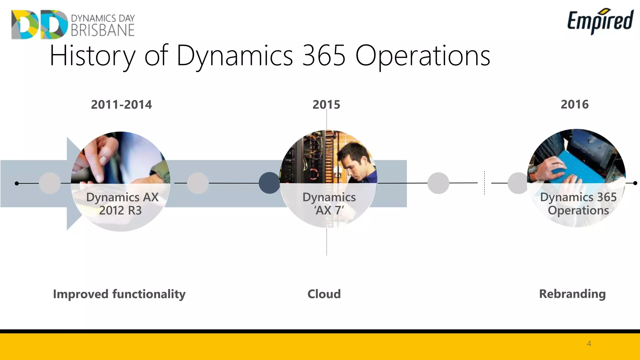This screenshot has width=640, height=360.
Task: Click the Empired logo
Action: [x=600, y=21]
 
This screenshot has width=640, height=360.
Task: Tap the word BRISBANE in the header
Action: [x=102, y=30]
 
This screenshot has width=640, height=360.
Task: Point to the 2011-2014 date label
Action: [x=121, y=104]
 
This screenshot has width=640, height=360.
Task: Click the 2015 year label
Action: [x=326, y=104]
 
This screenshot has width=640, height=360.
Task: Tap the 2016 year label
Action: [x=574, y=104]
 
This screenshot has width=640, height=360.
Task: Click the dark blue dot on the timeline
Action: [x=269, y=183]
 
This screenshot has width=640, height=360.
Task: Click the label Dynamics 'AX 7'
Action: [x=329, y=204]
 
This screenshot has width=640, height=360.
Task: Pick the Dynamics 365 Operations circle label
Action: [x=578, y=204]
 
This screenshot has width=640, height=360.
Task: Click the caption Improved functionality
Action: [x=119, y=294]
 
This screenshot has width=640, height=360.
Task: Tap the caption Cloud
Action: [x=324, y=294]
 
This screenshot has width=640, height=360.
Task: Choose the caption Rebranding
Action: [x=572, y=294]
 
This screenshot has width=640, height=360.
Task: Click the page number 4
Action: [x=589, y=344]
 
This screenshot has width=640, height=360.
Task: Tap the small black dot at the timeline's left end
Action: [x=17, y=183]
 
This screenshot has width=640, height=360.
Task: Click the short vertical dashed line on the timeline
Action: [x=484, y=183]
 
